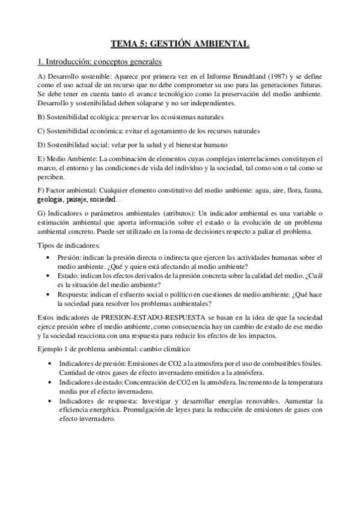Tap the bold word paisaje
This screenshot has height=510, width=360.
pos(78,199)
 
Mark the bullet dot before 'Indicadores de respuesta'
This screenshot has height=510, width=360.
pos(47,401)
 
